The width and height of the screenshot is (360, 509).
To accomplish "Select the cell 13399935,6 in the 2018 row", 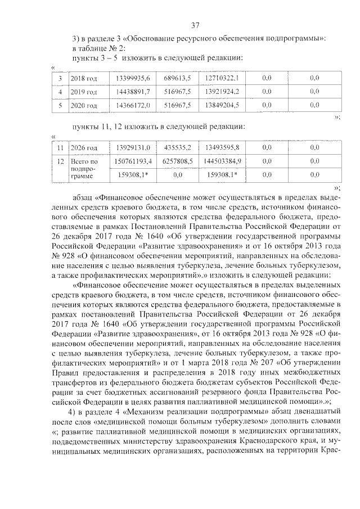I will [x=132, y=77].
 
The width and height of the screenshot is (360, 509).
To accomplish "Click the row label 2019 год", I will [x=84, y=91].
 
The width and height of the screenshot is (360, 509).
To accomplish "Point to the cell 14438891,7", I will [x=132, y=91].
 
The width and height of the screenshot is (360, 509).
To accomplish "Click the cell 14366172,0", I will [x=132, y=105].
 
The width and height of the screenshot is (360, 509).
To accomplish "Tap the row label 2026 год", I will [x=84, y=148].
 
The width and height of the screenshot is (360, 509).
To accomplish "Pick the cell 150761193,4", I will [x=132, y=161].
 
